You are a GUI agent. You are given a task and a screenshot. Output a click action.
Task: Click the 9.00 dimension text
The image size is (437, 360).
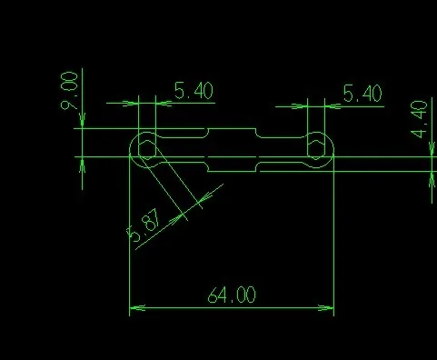(x=69, y=91)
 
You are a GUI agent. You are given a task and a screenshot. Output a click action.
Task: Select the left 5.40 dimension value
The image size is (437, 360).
(x=194, y=91)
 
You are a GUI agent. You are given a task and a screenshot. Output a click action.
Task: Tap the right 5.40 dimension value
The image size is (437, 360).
(x=363, y=93)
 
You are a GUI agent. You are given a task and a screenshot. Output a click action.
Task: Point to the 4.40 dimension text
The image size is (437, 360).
(x=419, y=119)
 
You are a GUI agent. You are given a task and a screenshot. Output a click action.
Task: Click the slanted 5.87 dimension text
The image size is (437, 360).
(x=144, y=225)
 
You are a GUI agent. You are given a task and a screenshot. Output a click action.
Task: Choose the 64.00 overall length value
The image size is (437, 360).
(x=232, y=295)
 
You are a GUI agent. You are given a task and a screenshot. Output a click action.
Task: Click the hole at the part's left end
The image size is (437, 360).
(x=147, y=150)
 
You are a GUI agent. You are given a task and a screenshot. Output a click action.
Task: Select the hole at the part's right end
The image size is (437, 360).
(x=316, y=150)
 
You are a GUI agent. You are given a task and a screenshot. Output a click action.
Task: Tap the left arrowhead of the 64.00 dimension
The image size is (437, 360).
(x=137, y=308)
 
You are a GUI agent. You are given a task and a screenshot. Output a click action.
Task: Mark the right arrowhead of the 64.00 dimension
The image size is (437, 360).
(x=326, y=308)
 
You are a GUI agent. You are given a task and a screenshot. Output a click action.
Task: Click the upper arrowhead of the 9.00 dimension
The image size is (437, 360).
(x=83, y=121)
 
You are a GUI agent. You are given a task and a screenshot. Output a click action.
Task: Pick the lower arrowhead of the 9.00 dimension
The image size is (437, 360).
(x=83, y=165)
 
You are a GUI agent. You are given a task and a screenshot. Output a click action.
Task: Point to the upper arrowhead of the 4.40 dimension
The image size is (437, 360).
(x=432, y=149)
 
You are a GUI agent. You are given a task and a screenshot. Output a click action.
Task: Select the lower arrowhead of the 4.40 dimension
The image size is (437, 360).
(x=432, y=179)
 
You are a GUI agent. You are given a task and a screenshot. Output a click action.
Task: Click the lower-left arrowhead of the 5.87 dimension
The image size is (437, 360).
(x=176, y=220)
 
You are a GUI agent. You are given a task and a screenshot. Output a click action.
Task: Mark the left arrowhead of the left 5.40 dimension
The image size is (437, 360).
(x=131, y=104)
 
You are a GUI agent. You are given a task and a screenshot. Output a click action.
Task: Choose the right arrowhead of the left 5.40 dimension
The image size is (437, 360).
(x=164, y=104)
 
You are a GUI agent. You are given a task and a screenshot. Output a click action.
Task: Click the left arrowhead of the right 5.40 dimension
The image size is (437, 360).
(x=300, y=106)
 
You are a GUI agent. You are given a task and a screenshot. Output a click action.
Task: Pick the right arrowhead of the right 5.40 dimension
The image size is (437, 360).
(x=333, y=106)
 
